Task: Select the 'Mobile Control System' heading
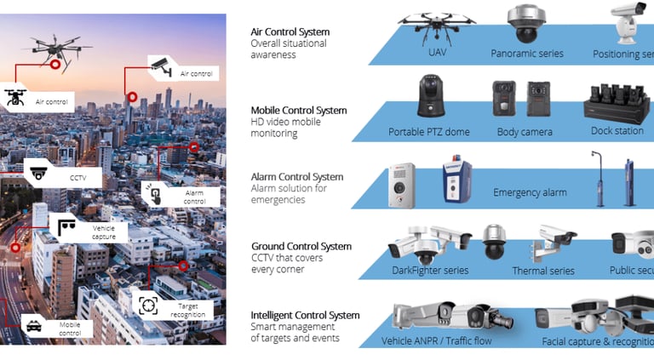[x=299, y=111]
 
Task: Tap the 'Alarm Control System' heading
[x=297, y=177]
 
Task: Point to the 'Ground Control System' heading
[x=300, y=247]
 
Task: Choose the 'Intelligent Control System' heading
[x=305, y=316]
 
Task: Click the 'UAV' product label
[x=437, y=54]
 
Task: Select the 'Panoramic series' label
[x=527, y=54]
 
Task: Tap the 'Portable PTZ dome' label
[x=429, y=132]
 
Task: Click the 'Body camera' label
[x=525, y=132]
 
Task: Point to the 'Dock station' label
[x=617, y=131]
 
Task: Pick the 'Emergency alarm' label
[x=530, y=193]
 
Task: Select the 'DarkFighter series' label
[x=429, y=271]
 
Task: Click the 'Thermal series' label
[x=542, y=271]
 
